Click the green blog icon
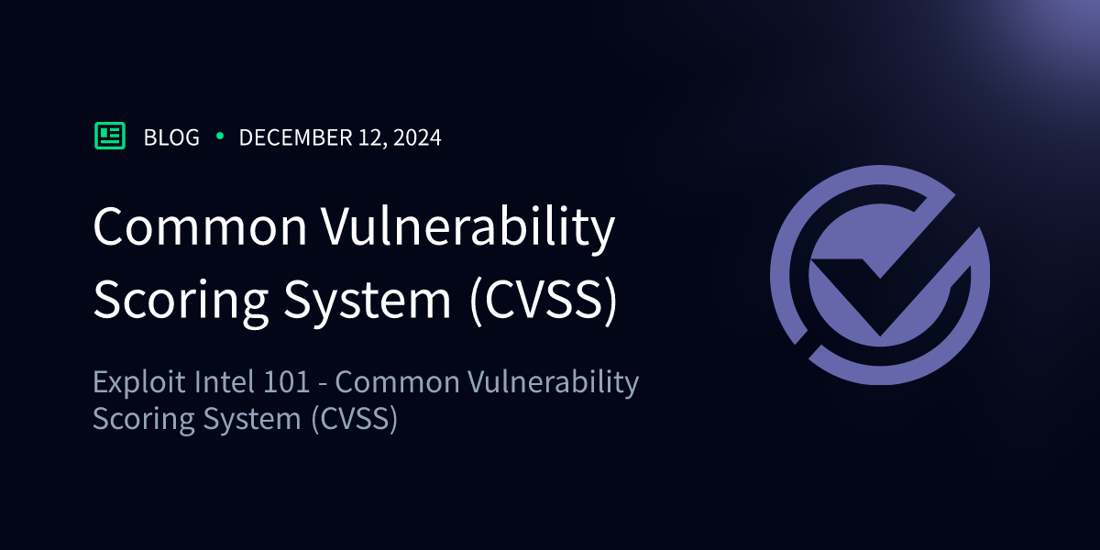coord(110,136)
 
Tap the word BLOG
coord(172,137)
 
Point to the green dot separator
coord(220,136)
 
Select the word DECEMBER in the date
coord(295,137)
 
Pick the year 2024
coord(417,137)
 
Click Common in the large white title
coord(201,226)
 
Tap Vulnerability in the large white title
coord(468,230)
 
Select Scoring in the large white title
coord(181,301)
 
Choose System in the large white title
coord(368,301)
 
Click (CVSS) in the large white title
coord(543,300)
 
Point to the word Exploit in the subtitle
coord(139,383)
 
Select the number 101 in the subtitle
coord(287,382)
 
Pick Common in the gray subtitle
coord(397,383)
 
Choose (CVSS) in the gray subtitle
coord(354,419)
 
